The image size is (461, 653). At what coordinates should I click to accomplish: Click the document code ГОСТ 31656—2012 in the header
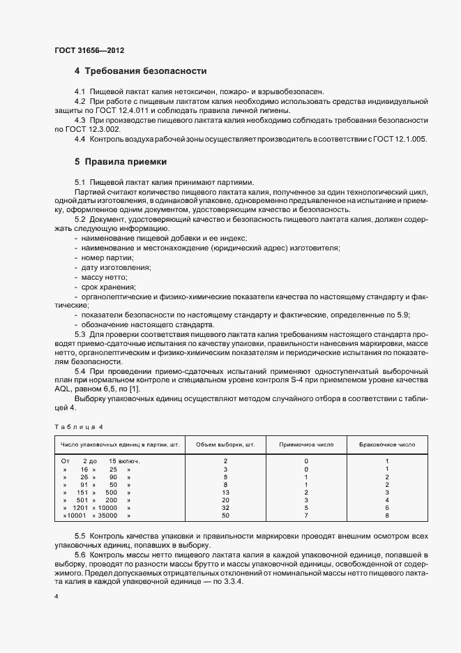(x=89, y=50)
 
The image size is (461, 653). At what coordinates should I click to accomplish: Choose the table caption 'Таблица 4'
(x=79, y=426)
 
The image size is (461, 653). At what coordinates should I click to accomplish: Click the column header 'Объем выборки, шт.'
(x=225, y=444)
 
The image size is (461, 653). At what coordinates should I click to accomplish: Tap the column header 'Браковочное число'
(x=387, y=444)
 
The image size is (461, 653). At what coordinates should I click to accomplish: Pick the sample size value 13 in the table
(x=225, y=493)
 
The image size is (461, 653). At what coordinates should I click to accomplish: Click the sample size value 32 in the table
(x=225, y=508)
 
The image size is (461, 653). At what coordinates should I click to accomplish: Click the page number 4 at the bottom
(x=56, y=597)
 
